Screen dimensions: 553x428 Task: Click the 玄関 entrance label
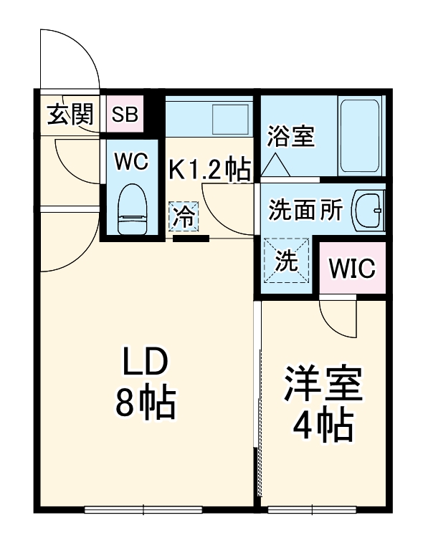coord(71,115)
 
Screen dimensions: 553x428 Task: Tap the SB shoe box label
coord(126,115)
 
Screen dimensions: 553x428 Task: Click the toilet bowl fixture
coord(133,207)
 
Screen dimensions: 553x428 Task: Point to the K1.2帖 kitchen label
coord(209,170)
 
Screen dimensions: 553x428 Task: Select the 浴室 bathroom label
coord(291,136)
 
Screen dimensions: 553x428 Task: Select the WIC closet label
coord(352,269)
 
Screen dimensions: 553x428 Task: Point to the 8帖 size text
coord(146,405)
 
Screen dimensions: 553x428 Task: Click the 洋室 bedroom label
coord(323,387)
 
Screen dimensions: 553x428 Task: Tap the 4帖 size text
coord(323,427)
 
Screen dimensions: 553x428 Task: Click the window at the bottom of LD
coord(143,509)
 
